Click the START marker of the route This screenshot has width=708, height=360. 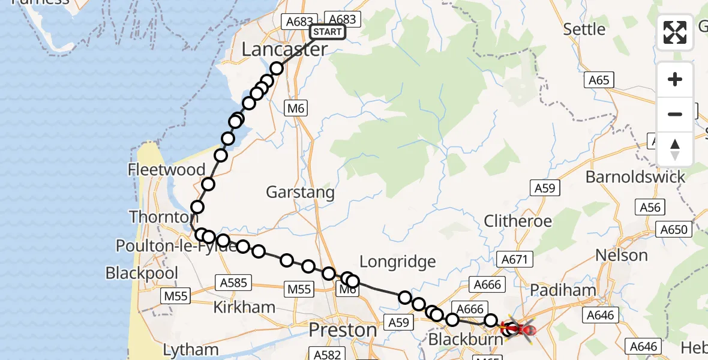tap(327, 32)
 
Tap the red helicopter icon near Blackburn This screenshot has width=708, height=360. tap(520, 328)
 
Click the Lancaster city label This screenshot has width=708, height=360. tap(284, 50)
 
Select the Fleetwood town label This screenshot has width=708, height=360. tap(166, 170)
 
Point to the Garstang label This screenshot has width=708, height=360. tap(300, 193)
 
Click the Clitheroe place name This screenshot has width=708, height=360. tap(518, 221)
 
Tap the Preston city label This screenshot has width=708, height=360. tap(343, 330)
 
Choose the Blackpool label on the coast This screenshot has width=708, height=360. tap(142, 273)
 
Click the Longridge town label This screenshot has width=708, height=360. tap(397, 261)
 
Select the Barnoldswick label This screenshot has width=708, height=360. tap(635, 177)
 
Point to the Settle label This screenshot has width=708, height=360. tap(584, 29)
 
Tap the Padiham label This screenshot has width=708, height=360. tap(563, 290)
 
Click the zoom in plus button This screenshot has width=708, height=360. tap(675, 79)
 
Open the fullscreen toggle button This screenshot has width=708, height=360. tap(675, 33)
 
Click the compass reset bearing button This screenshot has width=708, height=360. tap(675, 149)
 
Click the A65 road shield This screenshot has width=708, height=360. tap(598, 80)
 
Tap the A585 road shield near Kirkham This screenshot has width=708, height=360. tap(236, 283)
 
